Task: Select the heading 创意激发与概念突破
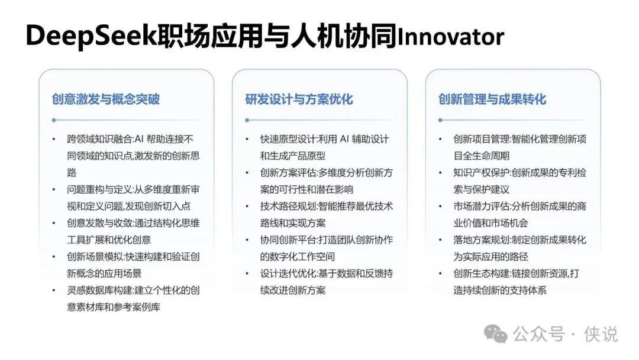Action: point(105,99)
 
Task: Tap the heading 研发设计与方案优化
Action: point(299,99)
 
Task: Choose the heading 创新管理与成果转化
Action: point(492,99)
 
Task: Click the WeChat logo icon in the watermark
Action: point(496,334)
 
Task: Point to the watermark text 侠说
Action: point(601,335)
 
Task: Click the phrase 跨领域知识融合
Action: point(99,139)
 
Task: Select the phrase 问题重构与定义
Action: point(99,189)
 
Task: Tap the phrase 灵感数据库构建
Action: point(99,290)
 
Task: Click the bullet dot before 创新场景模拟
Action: point(54,257)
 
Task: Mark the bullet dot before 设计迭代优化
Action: point(247,274)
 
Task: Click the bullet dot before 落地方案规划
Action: point(440,240)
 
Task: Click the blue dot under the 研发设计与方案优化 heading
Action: point(247,120)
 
